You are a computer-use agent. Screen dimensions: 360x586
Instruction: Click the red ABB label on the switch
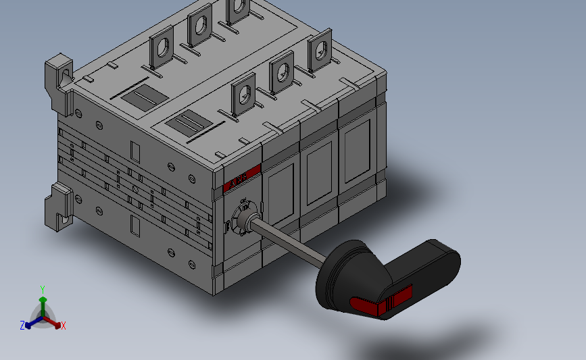coord(241,178)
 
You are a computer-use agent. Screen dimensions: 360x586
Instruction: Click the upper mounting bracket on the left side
coord(59,81)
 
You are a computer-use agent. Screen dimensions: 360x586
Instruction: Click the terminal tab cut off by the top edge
coord(237,9)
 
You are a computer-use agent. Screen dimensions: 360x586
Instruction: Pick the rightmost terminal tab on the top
coord(320,51)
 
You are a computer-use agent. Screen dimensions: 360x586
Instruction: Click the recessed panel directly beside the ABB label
coord(278,189)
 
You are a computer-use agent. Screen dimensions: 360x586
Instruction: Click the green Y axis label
coord(42,290)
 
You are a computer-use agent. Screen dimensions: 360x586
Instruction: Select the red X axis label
coord(64,326)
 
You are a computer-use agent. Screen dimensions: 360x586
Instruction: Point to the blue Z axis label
coord(22,326)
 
